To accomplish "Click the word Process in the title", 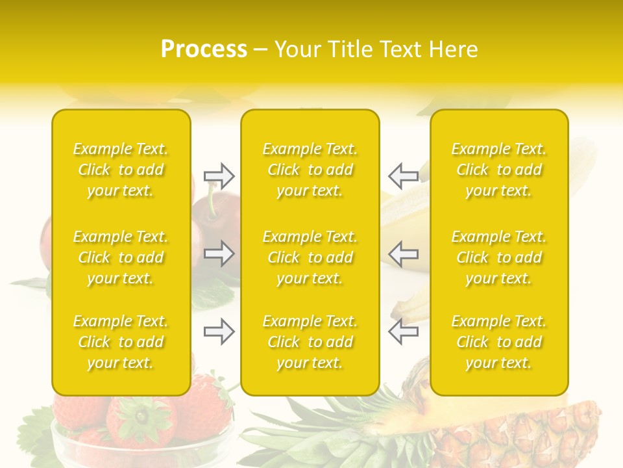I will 204,49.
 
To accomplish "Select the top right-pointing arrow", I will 219,175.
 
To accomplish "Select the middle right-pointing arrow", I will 219,253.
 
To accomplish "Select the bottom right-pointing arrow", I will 219,332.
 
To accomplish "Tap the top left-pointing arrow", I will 403,175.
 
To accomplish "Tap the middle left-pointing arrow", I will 403,253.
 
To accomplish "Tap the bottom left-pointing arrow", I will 403,332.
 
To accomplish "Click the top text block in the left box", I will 121,170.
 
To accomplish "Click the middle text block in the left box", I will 121,257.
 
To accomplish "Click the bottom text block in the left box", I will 121,342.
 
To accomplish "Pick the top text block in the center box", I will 310,170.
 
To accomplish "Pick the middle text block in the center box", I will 310,257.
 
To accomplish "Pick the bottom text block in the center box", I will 310,342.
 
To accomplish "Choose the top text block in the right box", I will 498,170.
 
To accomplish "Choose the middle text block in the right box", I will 498,257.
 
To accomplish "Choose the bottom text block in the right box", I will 498,342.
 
